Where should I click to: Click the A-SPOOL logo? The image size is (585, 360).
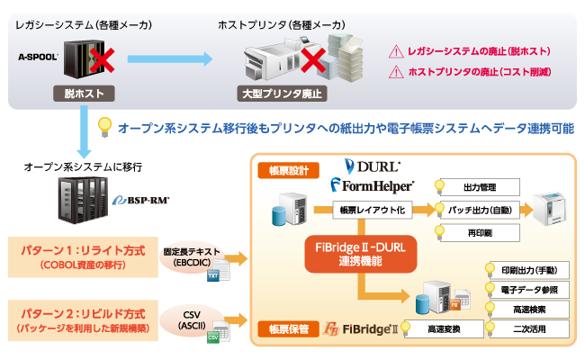(x=38, y=56)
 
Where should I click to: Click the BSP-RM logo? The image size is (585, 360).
(x=143, y=201)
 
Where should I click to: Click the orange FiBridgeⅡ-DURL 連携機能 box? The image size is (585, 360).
(x=361, y=251)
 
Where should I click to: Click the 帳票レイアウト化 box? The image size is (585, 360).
(x=372, y=210)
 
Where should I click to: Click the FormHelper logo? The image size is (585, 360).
(x=372, y=185)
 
